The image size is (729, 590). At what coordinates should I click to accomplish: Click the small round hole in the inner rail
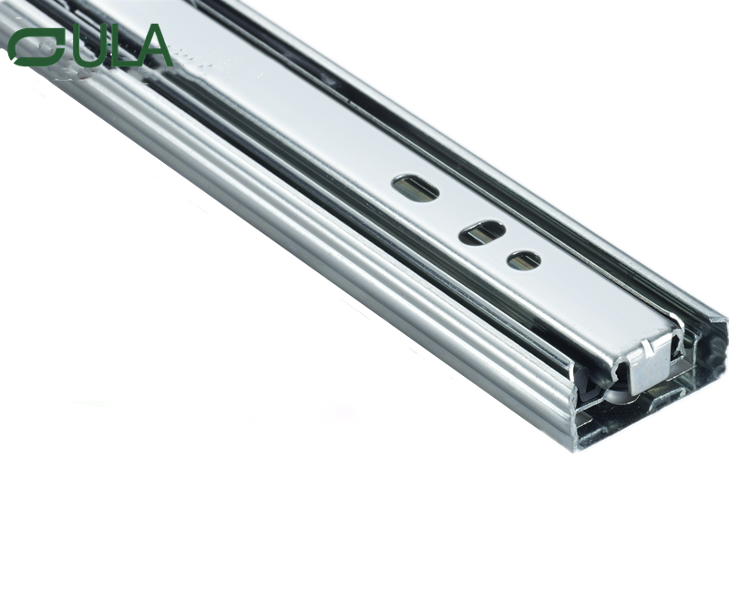[524, 260]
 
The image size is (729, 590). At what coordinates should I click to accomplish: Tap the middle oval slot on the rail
[480, 233]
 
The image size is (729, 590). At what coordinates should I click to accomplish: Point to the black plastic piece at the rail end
[592, 382]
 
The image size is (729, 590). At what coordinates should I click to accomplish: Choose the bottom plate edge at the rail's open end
[638, 428]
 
